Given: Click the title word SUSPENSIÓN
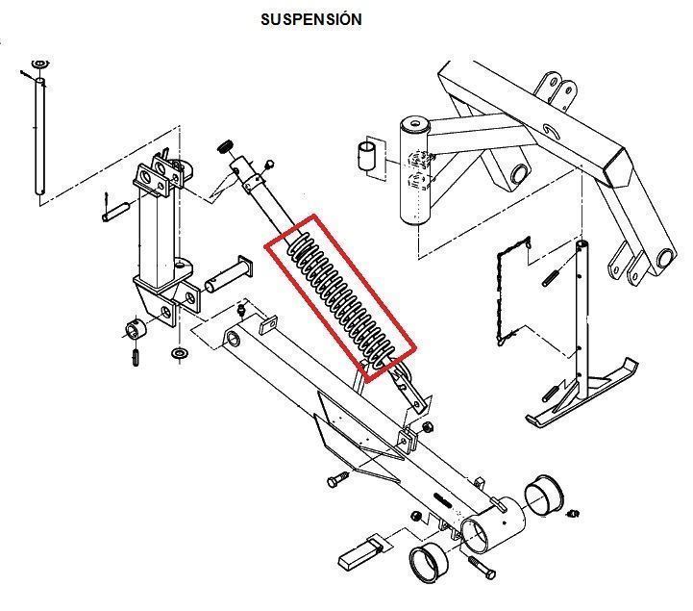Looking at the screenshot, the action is [311, 19].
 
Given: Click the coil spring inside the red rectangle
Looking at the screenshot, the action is [339, 298].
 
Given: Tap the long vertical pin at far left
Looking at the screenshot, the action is [40, 137].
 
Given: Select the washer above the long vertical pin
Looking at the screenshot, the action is [39, 64].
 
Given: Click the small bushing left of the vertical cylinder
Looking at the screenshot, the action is [366, 155].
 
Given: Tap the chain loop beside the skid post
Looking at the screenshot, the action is [512, 291].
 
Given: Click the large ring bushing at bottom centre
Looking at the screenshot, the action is [429, 565].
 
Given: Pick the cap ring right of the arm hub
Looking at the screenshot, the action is [544, 496].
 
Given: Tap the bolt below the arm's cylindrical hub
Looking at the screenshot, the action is [482, 567].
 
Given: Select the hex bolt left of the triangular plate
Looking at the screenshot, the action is [337, 479].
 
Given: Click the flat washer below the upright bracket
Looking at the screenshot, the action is [180, 353].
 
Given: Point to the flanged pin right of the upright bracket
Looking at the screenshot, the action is [229, 274].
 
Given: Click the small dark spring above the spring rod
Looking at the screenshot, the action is [226, 146].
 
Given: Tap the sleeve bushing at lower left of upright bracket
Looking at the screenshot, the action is [136, 329].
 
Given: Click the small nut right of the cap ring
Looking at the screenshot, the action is [574, 514].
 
